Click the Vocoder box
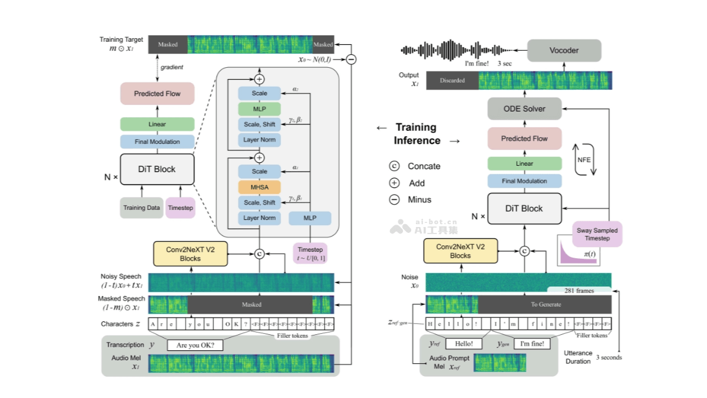(x=564, y=51)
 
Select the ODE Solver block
(x=524, y=109)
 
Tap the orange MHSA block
(x=259, y=188)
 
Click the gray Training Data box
(x=141, y=208)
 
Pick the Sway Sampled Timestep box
(x=597, y=234)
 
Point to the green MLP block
(x=259, y=109)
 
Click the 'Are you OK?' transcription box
(x=196, y=346)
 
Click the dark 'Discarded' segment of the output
(x=452, y=80)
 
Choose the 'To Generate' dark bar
(x=545, y=304)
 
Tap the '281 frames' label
(x=579, y=290)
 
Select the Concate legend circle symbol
(x=394, y=166)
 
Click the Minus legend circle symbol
(x=394, y=200)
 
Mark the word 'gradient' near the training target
(x=172, y=67)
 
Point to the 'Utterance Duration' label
(x=578, y=357)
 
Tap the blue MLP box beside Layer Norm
(x=310, y=218)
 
